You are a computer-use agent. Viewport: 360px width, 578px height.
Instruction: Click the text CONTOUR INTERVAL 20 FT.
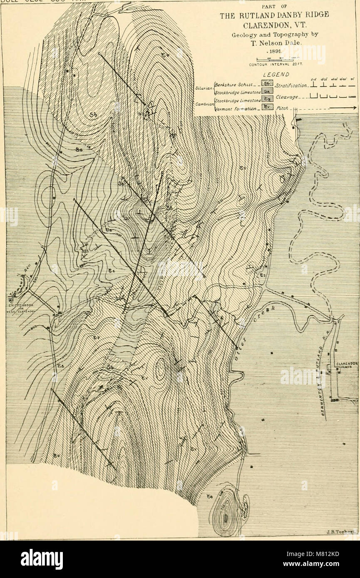(274, 64)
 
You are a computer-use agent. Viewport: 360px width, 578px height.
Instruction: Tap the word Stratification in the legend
(291, 86)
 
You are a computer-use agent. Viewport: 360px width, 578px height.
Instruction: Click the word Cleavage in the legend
(287, 98)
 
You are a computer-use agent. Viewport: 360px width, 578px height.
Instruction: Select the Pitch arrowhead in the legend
(352, 109)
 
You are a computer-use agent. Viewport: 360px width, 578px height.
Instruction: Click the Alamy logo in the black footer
(42, 559)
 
